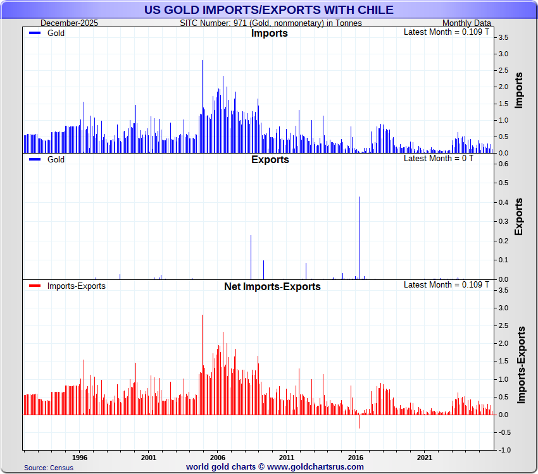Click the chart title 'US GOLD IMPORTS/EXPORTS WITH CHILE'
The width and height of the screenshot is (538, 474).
click(x=268, y=9)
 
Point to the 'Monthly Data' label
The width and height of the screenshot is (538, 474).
click(x=466, y=23)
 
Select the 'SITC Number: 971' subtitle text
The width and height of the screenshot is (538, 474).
click(x=271, y=23)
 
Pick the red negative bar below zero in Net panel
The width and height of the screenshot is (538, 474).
click(x=360, y=422)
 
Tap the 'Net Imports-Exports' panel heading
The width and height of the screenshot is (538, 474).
click(x=272, y=286)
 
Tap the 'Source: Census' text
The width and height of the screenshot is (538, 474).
click(x=49, y=468)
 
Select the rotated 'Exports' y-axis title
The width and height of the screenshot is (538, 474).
click(x=519, y=217)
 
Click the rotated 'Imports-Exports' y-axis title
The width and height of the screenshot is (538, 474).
click(x=521, y=365)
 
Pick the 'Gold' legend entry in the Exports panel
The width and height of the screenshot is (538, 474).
click(x=56, y=160)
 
